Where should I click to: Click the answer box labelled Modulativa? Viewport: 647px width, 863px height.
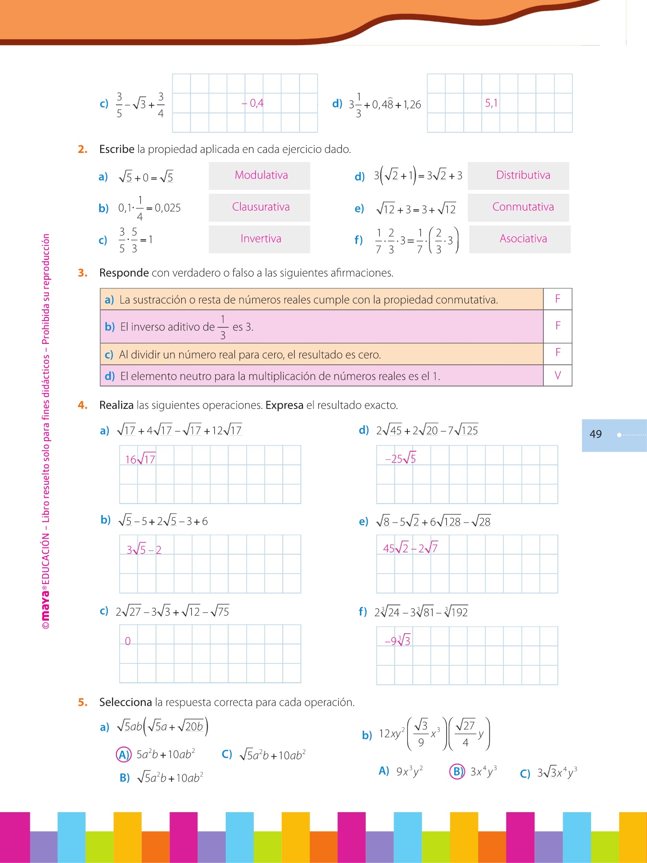coord(261,175)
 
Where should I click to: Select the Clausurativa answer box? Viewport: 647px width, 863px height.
coord(261,207)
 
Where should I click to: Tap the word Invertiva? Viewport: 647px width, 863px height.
coord(261,239)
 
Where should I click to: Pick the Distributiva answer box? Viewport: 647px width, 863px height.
coord(523,175)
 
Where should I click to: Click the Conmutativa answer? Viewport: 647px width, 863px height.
coord(523,207)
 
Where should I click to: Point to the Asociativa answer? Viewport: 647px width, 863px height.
coord(523,239)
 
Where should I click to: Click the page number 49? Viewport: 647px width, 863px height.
coord(595,434)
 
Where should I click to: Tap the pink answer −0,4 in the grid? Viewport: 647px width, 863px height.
coord(253,103)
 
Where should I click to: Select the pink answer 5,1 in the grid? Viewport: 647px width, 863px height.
coord(491,103)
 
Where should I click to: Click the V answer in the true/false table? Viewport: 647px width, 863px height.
coord(557,375)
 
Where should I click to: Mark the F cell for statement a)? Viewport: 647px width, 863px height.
coord(557,299)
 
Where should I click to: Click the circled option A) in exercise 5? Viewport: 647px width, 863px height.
coord(124,755)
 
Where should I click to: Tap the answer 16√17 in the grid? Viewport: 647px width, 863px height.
coord(140,459)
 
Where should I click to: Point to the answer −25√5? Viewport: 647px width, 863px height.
coord(401,459)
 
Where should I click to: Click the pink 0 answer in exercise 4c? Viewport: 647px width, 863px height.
coord(127,641)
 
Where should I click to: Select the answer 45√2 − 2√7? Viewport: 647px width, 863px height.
coord(410,548)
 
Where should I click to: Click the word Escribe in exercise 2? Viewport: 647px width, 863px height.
coord(116,150)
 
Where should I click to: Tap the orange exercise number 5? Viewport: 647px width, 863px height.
coord(82,702)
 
